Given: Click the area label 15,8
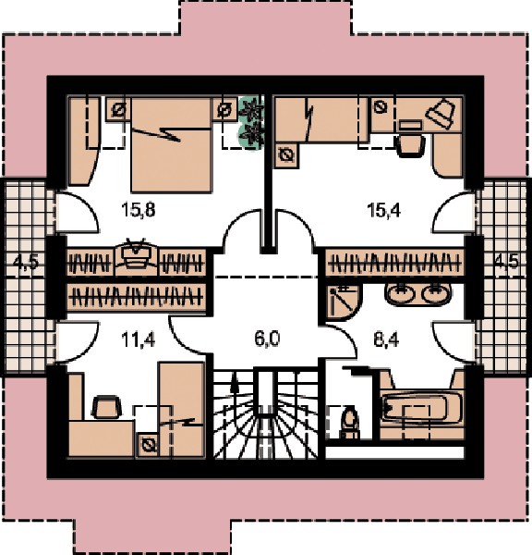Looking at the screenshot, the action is [x=138, y=210].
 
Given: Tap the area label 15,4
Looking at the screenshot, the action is [x=384, y=210].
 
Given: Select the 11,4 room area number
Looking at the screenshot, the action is [x=138, y=340].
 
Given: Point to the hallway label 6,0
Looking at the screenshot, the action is [x=267, y=339].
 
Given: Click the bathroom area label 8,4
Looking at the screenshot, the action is [x=386, y=340].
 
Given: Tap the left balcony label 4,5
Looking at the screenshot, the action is [x=26, y=264].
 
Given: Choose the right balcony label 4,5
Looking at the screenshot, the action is [x=506, y=263].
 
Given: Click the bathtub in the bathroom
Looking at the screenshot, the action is [x=421, y=408].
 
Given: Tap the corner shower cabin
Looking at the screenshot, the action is [x=342, y=302].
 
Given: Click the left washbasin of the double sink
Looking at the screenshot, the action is [x=400, y=293].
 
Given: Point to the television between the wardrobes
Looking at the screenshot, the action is [x=137, y=256].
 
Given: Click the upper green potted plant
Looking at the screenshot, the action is [x=251, y=108].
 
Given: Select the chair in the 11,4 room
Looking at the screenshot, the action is [x=106, y=408].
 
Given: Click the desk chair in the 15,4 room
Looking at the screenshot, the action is [x=411, y=143].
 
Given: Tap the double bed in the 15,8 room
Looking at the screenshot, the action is [x=172, y=145].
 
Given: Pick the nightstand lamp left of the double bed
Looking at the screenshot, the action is [x=118, y=110].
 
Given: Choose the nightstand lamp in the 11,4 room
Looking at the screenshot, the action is [x=149, y=444].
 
